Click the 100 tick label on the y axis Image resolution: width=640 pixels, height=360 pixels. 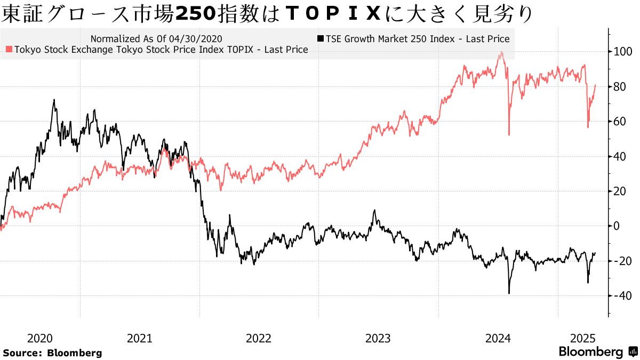pos(622,52)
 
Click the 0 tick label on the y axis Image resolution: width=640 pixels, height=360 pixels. pos(617,226)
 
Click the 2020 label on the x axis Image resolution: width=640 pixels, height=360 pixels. pos(39,338)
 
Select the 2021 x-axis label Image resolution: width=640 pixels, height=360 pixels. pos(140,338)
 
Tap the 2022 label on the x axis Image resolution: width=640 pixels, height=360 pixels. pos(259,338)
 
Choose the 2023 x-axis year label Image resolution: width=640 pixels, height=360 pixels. pos(379,338)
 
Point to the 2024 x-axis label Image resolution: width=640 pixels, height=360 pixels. pos(498,338)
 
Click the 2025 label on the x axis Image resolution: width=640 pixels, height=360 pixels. pos(582,338)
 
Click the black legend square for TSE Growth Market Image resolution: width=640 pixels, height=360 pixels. pos(319,39)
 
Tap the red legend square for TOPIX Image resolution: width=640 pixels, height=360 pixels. pos(9,50)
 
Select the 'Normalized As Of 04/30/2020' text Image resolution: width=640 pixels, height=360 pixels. pos(156,39)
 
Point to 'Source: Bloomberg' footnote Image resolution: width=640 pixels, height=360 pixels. pos(52,353)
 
